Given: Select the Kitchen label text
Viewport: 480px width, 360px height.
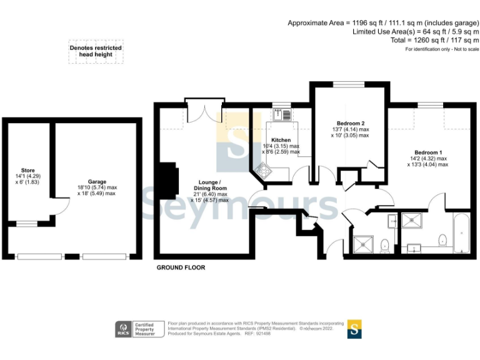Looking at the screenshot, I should point(281,139).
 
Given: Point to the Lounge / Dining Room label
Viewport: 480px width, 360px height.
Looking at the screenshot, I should point(209,184).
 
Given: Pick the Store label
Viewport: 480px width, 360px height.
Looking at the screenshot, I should point(28,169).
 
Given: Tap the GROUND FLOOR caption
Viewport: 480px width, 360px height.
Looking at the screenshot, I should point(180,267).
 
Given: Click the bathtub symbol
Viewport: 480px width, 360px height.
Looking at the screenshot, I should point(462,232).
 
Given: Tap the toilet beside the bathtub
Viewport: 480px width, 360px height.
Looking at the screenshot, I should point(443,239).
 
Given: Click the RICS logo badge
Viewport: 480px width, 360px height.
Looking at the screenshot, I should point(123,328).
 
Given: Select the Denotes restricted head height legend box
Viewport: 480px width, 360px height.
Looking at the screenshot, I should point(96,51).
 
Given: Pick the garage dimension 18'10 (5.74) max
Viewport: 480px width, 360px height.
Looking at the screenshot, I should point(97,187).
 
